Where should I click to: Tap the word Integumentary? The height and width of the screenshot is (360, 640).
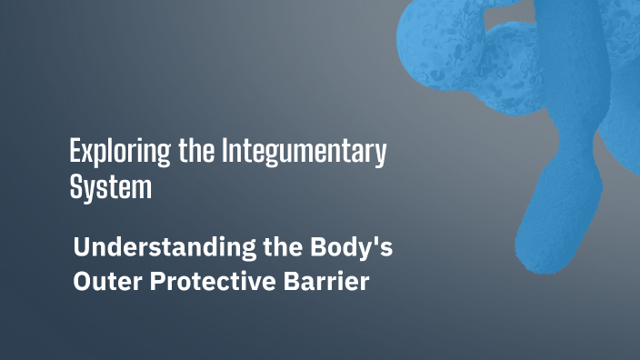[x=304, y=152]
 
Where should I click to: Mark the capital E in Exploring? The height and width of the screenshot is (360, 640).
[x=75, y=151]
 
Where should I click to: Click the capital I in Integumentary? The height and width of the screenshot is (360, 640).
[x=225, y=151]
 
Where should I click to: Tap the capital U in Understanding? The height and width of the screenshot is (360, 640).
[x=81, y=246]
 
